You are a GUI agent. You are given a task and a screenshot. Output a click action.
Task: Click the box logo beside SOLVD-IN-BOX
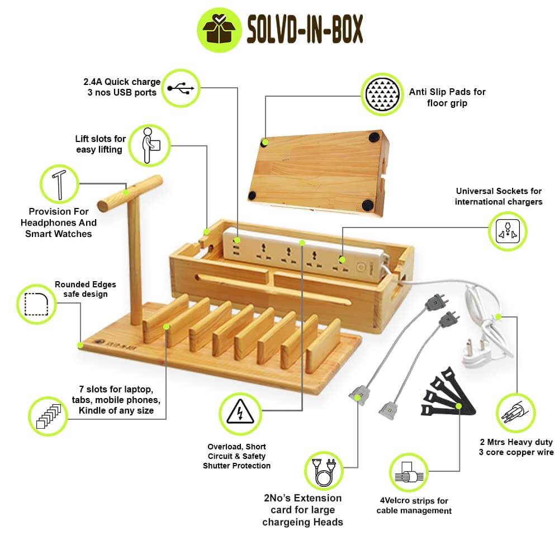220,30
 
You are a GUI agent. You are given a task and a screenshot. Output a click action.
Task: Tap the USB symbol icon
181,88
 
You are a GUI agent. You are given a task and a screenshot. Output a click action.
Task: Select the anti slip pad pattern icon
382,94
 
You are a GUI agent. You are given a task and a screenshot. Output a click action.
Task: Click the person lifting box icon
150,145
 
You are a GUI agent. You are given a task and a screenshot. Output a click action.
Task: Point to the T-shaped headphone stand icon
59,184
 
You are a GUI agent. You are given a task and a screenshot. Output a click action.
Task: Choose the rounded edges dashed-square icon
36,304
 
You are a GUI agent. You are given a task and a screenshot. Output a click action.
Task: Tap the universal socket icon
508,231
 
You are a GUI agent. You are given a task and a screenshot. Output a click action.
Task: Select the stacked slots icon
48,416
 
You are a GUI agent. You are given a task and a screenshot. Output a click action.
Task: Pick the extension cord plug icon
324,471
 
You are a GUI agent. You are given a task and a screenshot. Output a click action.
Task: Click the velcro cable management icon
409,473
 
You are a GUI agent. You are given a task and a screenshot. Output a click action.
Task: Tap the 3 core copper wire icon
516,413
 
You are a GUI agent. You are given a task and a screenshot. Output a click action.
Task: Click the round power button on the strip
361,267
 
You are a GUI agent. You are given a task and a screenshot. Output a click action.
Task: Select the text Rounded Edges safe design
85,289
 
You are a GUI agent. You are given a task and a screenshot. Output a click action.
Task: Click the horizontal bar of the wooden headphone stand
130,193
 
